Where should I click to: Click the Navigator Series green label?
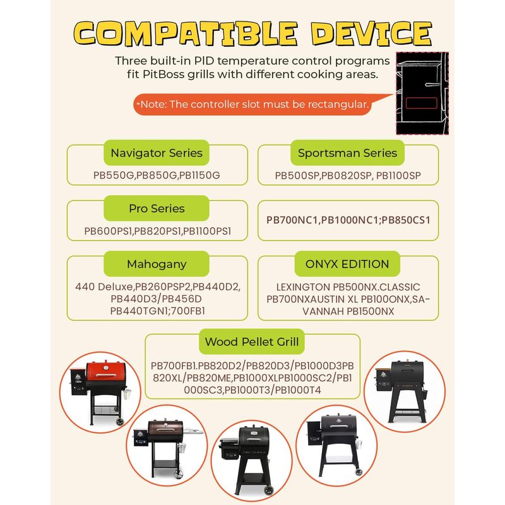[157, 153]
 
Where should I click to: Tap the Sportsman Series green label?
[347, 153]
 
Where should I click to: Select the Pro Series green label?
[157, 208]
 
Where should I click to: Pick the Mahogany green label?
[157, 264]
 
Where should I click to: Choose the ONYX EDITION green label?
[347, 264]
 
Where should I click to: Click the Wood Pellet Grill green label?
[252, 342]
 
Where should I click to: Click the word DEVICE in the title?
[372, 33]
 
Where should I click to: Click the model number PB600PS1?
[108, 231]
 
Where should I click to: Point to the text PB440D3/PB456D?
[156, 299]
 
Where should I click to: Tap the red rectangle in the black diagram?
[421, 103]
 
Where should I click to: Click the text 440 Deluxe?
[104, 287]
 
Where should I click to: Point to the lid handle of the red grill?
[106, 376]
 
